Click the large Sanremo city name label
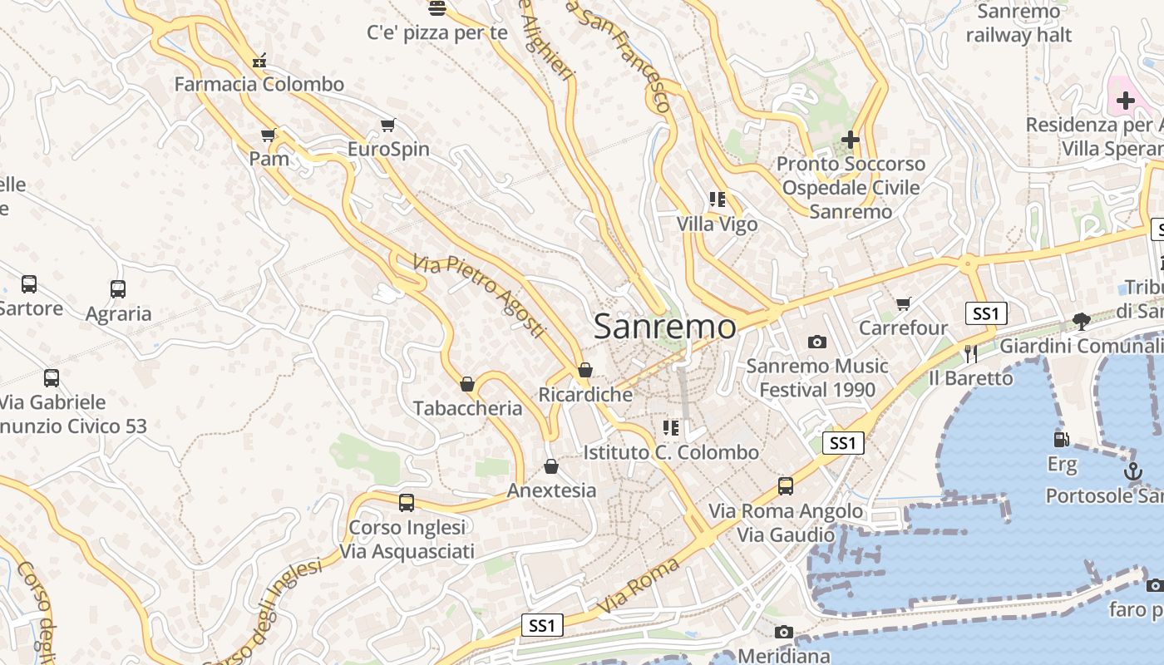click(x=664, y=327)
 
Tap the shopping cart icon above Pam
click(x=268, y=135)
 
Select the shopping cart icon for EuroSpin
click(x=387, y=126)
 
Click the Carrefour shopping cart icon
click(x=903, y=304)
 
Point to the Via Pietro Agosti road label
click(x=479, y=296)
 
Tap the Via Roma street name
click(x=638, y=587)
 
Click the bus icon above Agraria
click(x=118, y=289)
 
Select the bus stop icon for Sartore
click(x=29, y=284)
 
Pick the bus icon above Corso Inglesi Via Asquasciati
click(x=407, y=503)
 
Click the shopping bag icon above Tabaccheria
click(x=467, y=384)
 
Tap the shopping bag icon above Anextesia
click(x=550, y=466)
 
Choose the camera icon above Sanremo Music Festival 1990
click(x=817, y=342)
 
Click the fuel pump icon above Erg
click(x=1061, y=439)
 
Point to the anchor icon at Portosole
click(x=1132, y=471)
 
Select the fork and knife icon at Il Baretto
click(x=970, y=354)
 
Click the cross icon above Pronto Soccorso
click(x=850, y=140)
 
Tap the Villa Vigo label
click(x=717, y=224)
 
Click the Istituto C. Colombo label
click(x=671, y=452)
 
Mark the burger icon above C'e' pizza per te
click(x=437, y=9)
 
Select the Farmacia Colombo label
click(x=259, y=84)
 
